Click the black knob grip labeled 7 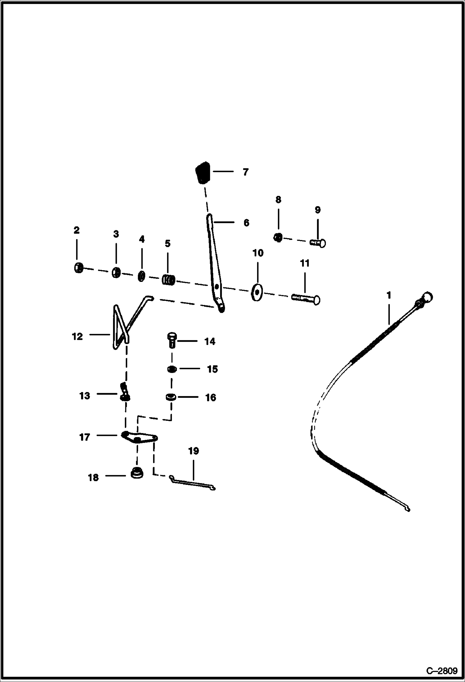[203, 173]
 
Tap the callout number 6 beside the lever [246, 223]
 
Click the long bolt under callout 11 [306, 299]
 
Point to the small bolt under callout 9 [318, 242]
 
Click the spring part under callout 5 [169, 280]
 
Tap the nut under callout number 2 [79, 268]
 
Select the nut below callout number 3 [116, 273]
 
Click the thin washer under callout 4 [141, 276]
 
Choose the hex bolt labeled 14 [172, 340]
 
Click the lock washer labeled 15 [172, 369]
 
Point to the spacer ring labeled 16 [171, 397]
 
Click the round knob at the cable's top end [427, 297]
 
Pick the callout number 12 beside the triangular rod [77, 336]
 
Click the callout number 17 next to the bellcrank [84, 437]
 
